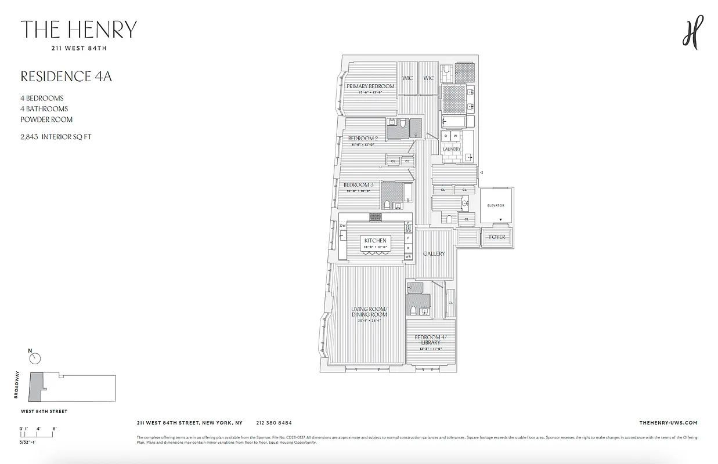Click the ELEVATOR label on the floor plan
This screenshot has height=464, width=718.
[496, 205]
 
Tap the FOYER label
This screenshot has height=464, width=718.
[497, 237]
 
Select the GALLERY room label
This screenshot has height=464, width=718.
[434, 253]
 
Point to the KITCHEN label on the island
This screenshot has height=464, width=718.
[376, 240]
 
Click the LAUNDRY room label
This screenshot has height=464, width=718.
[452, 149]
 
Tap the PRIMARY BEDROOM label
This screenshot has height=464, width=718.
[370, 86]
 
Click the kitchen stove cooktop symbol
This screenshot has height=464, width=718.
[376, 217]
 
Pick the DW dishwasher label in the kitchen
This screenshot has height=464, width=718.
[343, 226]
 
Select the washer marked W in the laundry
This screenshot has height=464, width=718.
[456, 136]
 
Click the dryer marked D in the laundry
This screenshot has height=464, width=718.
[446, 136]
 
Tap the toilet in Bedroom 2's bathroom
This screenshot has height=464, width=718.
[401, 123]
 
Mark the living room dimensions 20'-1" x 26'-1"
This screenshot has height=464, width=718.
[369, 320]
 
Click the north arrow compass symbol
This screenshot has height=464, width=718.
[35, 358]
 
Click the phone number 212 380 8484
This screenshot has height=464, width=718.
[273, 423]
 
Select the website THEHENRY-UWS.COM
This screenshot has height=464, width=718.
[668, 423]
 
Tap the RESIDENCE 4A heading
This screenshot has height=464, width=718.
[66, 77]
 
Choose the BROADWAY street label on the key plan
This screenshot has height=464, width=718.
[17, 385]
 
